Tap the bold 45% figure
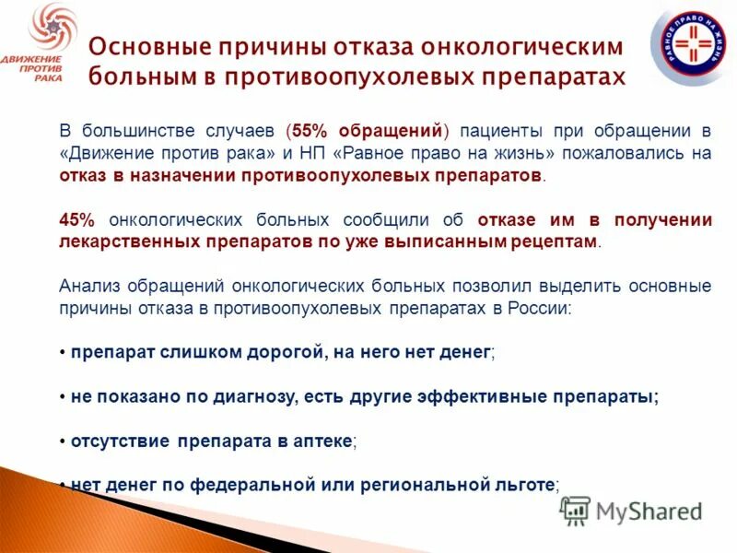tap(76, 220)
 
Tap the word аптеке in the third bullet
tap(324, 441)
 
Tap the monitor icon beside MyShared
tap(575, 511)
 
